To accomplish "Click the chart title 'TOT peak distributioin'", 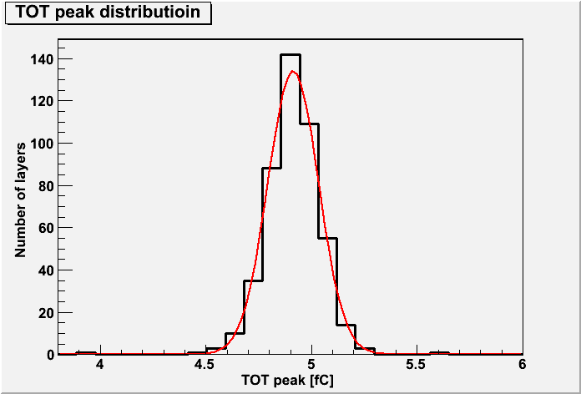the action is pos(109,13).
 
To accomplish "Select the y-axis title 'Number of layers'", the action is pos(21,200).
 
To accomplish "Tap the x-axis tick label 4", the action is pos(100,365).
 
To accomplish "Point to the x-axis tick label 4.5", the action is pos(206,365).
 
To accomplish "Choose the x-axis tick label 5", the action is pos(312,365).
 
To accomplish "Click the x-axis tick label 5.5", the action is pos(417,365).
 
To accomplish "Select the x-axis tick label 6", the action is pos(523,365).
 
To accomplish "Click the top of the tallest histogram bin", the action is pos(290,54).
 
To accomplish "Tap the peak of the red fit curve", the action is pos(293,71).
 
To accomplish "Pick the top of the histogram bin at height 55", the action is pos(327,239).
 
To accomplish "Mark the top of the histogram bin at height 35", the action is pos(253,280).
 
